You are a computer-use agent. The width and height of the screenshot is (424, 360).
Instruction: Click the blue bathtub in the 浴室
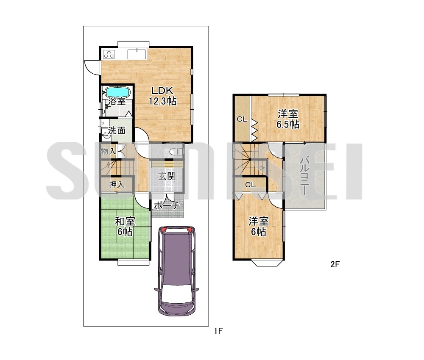pos(117,92)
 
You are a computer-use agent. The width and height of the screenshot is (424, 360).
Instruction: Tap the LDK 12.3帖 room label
pos(163,96)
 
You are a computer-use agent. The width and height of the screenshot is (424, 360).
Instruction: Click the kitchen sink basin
pos(137,54)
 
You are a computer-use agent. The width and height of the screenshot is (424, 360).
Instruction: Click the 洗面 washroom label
pos(117,130)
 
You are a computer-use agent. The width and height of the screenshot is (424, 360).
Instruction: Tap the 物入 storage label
pos(109,151)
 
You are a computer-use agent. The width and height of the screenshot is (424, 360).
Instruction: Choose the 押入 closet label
pos(117,185)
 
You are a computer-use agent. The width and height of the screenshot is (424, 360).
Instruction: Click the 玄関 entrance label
pos(167,176)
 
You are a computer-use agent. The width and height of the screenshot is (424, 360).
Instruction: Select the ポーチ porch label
pos(167,205)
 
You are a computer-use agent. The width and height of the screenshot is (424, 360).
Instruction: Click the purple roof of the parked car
pos(176,259)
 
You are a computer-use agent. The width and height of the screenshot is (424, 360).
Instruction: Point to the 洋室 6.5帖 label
pos(288,119)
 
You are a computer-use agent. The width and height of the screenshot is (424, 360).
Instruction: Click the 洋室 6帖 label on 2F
pos(259,226)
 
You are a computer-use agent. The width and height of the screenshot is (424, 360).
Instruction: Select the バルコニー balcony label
pos(305,175)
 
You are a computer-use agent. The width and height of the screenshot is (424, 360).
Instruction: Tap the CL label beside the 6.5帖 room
pos(242,119)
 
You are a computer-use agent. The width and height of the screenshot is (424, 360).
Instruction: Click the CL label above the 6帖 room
pos(251,185)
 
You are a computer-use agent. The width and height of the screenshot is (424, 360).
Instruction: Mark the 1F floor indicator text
pos(218,330)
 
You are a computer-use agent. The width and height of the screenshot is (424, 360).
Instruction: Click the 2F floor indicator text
pos(335,264)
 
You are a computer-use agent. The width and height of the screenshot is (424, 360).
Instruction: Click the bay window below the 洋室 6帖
pos(268,263)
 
